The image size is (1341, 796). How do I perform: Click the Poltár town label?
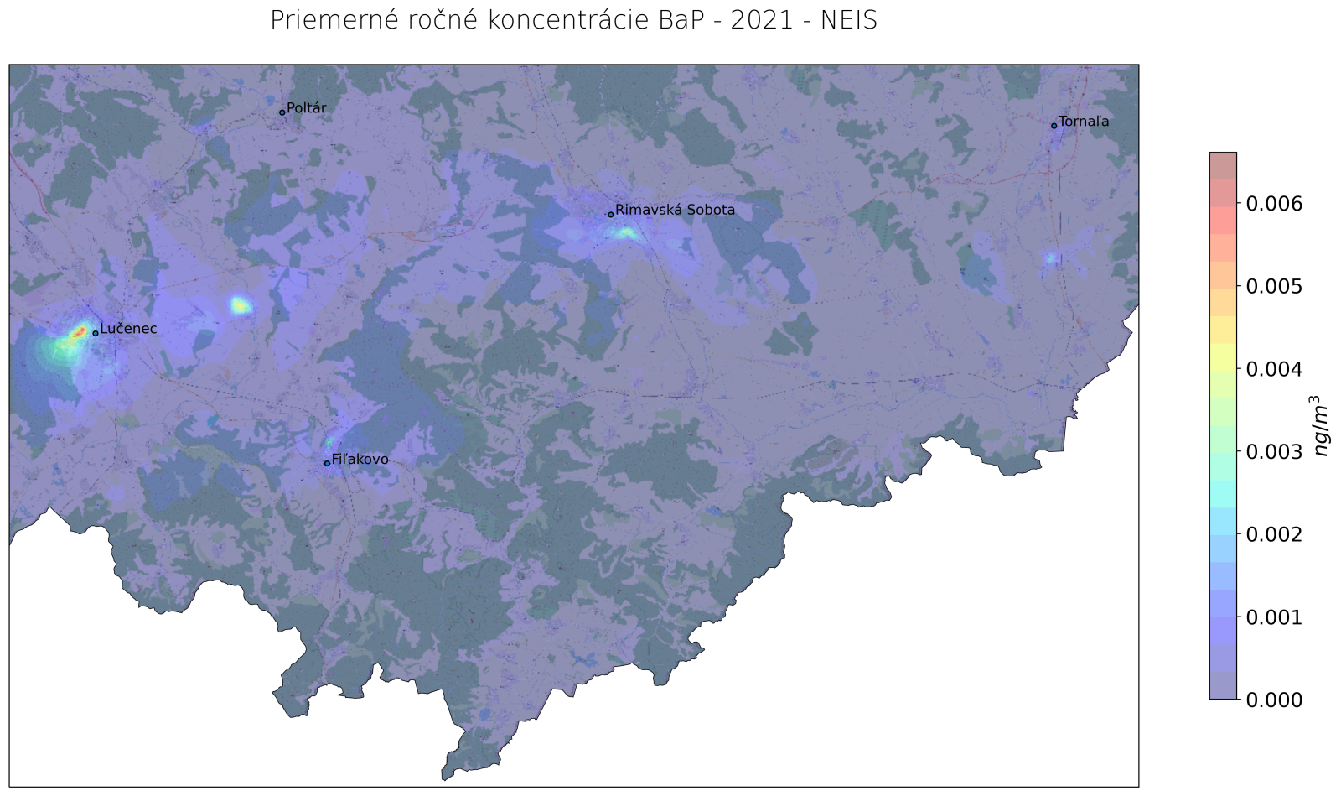tap(306, 109)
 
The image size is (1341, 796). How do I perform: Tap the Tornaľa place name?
tap(1084, 122)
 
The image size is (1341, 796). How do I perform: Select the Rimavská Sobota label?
tap(675, 211)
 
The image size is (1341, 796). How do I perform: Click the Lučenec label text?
tap(128, 330)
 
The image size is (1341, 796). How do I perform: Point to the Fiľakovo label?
tap(360, 460)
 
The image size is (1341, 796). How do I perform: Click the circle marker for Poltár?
tap(282, 112)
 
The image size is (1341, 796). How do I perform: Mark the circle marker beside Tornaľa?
tap(1054, 126)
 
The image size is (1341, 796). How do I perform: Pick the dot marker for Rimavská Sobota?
tap(611, 214)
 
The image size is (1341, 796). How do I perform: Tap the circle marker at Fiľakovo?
tap(327, 463)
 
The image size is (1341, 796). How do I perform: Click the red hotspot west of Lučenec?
tap(80, 332)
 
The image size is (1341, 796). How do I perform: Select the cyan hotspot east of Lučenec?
tap(241, 305)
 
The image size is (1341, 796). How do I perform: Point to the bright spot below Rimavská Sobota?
tap(624, 233)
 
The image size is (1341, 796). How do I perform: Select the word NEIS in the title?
tap(849, 20)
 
